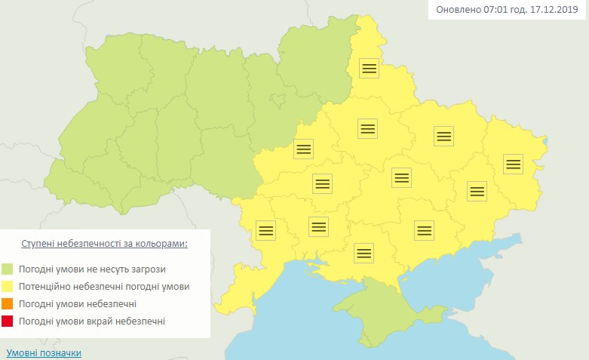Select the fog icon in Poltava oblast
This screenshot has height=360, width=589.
[x=367, y=128]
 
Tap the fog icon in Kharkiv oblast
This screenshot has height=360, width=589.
[x=443, y=136]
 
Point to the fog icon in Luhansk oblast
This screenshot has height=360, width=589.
[x=513, y=164]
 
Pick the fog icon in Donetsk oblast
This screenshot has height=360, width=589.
[x=477, y=191]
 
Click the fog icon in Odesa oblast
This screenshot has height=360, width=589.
[x=265, y=229]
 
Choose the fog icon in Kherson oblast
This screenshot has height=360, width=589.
[x=364, y=252]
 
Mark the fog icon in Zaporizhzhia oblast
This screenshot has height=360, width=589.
[x=424, y=229]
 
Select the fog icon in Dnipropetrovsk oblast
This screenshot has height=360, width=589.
[x=401, y=177]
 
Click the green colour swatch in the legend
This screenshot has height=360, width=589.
[x=8, y=269]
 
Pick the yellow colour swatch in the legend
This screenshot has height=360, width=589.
[x=8, y=287]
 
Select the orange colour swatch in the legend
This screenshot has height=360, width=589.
[x=8, y=304]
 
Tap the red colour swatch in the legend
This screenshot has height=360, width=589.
[x=8, y=322]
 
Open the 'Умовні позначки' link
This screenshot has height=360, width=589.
[x=44, y=352]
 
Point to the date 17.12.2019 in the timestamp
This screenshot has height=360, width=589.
[x=551, y=11]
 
